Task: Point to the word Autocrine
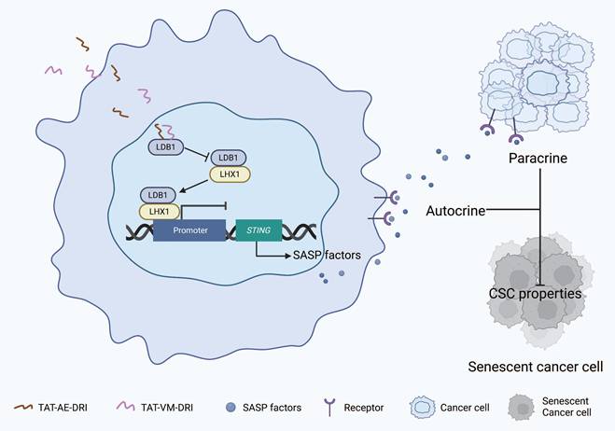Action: coord(455,212)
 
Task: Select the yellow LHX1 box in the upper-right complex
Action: coord(228,174)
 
